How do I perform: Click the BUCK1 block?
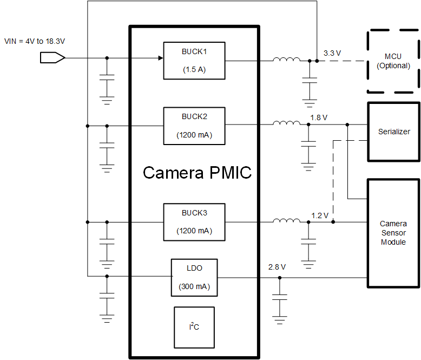pos(194,61)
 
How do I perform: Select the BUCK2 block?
pos(194,126)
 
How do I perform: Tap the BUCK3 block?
pos(194,222)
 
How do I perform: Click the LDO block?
pos(194,277)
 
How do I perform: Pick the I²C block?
pos(194,327)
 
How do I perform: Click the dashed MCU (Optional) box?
pos(393,61)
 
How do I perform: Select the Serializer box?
pos(393,132)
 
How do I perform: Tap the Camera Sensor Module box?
pos(393,233)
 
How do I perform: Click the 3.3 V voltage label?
pos(332,53)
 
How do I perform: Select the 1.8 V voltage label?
pos(319,117)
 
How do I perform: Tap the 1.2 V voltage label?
pos(320,215)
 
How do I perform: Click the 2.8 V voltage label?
pos(277,267)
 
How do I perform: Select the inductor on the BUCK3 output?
pos(286,221)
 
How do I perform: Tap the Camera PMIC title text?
pos(197,173)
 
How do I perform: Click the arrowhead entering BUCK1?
pos(160,58)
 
